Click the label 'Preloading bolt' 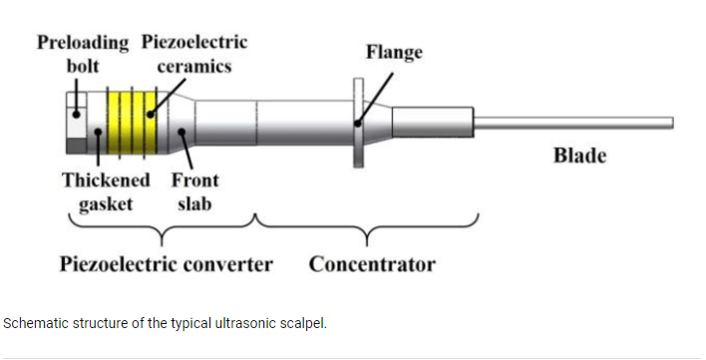83,54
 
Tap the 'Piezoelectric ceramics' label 194,54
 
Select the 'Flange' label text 393,51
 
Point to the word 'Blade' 579,156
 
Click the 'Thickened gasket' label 106,191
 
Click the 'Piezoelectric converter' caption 166,264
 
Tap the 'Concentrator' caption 372,264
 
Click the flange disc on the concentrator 358,123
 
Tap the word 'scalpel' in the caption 304,324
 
